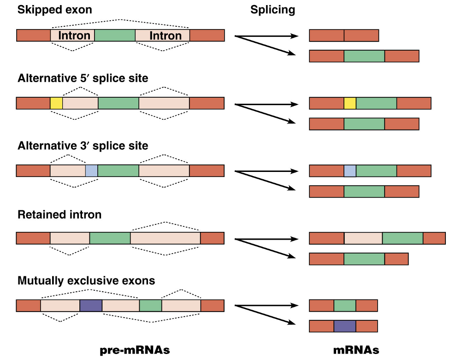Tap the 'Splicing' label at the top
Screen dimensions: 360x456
click(x=273, y=10)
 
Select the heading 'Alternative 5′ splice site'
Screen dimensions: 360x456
click(x=83, y=78)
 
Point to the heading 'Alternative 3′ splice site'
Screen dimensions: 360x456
click(x=83, y=146)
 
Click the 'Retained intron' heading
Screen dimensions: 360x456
click(x=59, y=214)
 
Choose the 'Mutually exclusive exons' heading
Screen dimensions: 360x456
click(x=86, y=280)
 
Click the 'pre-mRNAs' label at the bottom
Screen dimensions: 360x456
click(x=135, y=350)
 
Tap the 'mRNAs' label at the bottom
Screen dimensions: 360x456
click(x=356, y=350)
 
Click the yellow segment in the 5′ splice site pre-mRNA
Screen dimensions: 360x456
click(x=56, y=103)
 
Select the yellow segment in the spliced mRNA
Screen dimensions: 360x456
click(x=350, y=103)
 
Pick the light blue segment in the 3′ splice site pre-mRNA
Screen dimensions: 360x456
click(x=91, y=171)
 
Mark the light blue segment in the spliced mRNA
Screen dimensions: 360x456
click(x=350, y=171)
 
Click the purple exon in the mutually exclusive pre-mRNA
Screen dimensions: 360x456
click(x=91, y=306)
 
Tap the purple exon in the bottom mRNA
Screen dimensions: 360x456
click(x=345, y=326)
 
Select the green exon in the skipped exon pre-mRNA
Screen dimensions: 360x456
click(x=115, y=35)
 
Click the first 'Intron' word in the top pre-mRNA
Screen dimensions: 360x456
click(x=74, y=35)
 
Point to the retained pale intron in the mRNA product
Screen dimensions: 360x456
click(x=363, y=238)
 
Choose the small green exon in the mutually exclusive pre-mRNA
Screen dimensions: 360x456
click(x=150, y=306)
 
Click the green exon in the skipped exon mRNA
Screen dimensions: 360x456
click(x=364, y=56)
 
